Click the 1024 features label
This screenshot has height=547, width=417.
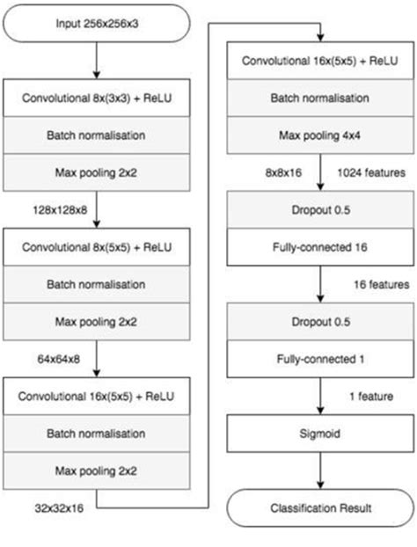(x=369, y=173)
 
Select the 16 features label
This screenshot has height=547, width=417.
(x=378, y=285)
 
